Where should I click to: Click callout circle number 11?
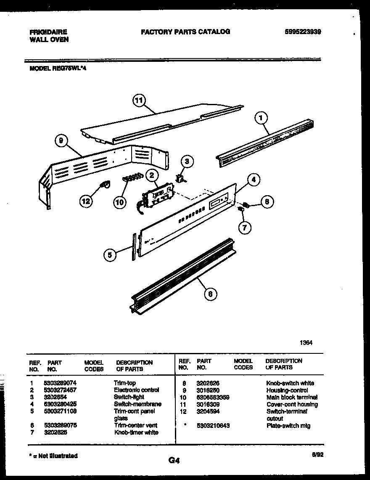point(138,100)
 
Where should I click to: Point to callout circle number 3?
point(187,161)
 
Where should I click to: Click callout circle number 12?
point(86,202)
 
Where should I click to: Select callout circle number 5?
point(110,255)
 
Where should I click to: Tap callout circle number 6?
point(210,294)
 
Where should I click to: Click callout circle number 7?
point(245,228)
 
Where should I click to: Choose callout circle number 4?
point(253,180)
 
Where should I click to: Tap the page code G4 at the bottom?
point(174,461)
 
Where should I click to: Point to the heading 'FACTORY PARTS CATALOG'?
point(185,32)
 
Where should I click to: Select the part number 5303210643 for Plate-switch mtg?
point(213,426)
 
